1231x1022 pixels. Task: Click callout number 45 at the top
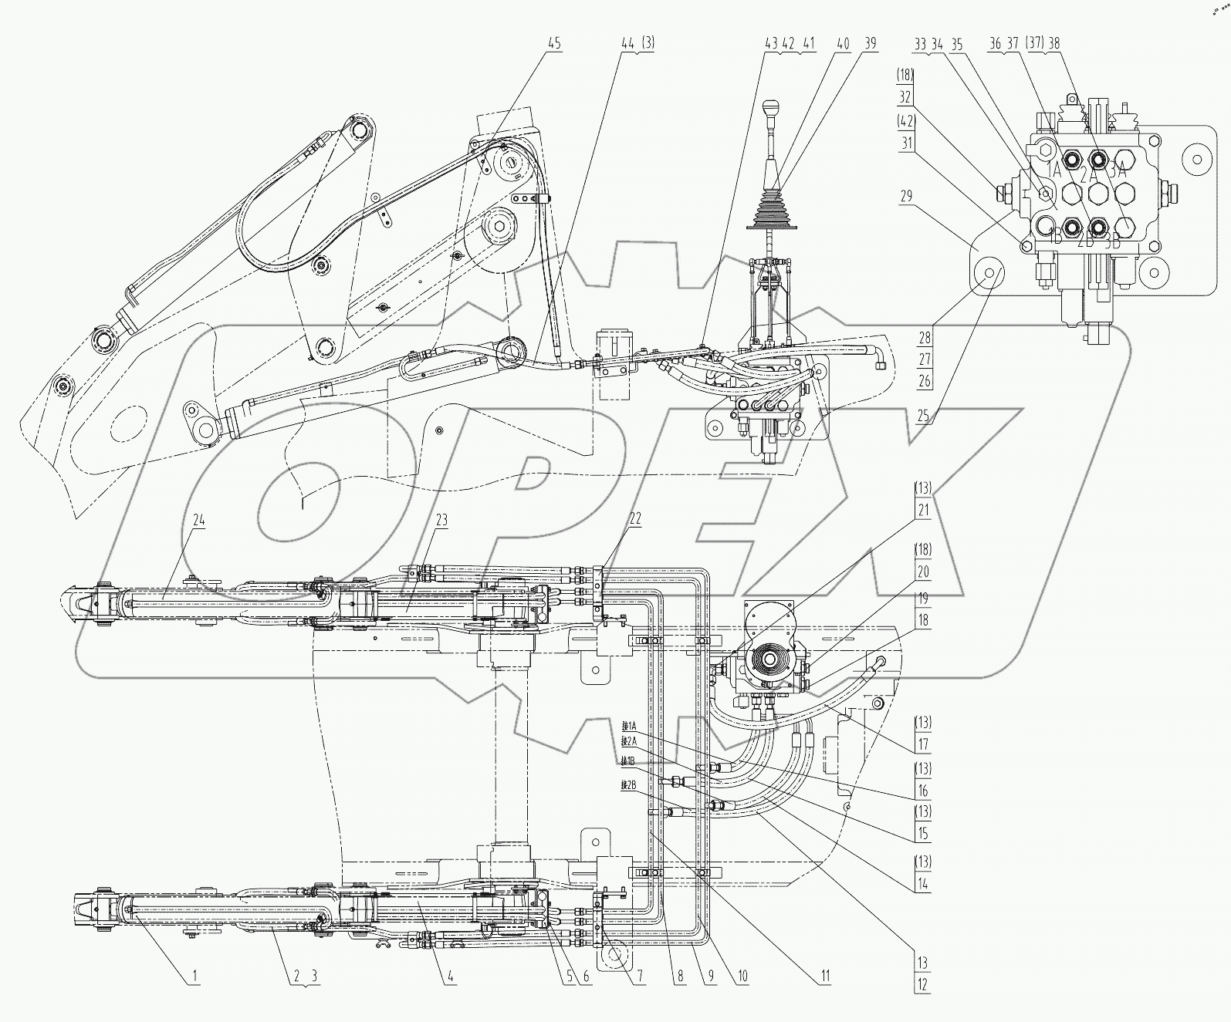[x=554, y=44]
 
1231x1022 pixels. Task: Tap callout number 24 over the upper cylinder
[x=199, y=520]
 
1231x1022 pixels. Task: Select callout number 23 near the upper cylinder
[x=441, y=520]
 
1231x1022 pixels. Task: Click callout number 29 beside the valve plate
[x=906, y=196]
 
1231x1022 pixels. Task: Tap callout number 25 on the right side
[x=925, y=417]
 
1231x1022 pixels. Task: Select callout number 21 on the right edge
[x=923, y=510]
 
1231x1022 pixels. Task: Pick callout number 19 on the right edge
[x=923, y=597]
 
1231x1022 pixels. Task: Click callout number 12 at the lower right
[x=923, y=985]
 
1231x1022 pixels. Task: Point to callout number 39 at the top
[x=870, y=44]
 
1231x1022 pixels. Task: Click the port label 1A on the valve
[x=1052, y=170]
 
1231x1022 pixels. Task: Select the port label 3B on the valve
[x=1112, y=240]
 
